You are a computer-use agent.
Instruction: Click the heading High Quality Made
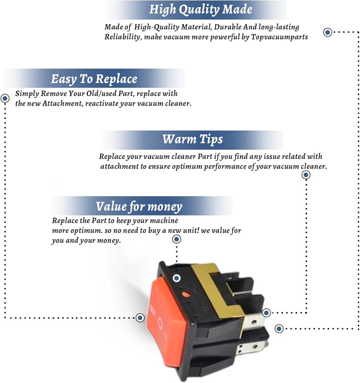(x=200, y=10)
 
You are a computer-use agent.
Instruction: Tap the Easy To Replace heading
(x=94, y=79)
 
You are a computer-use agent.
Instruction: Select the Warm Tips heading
(x=192, y=139)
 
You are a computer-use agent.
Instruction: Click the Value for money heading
(x=139, y=206)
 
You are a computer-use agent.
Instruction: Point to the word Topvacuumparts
(x=279, y=37)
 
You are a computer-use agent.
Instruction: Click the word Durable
(x=228, y=27)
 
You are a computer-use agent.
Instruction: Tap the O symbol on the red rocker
(x=160, y=323)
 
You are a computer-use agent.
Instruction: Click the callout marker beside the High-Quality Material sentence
(x=327, y=32)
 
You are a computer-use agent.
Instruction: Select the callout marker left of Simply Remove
(x=5, y=98)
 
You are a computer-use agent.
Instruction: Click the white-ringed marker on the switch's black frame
(x=176, y=278)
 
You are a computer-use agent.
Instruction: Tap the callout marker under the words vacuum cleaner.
(x=306, y=175)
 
